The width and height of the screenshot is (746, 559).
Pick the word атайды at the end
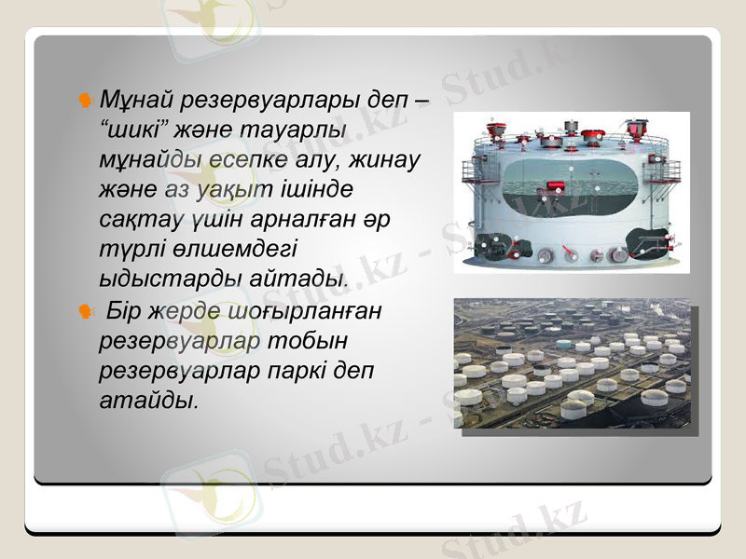coord(148,402)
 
